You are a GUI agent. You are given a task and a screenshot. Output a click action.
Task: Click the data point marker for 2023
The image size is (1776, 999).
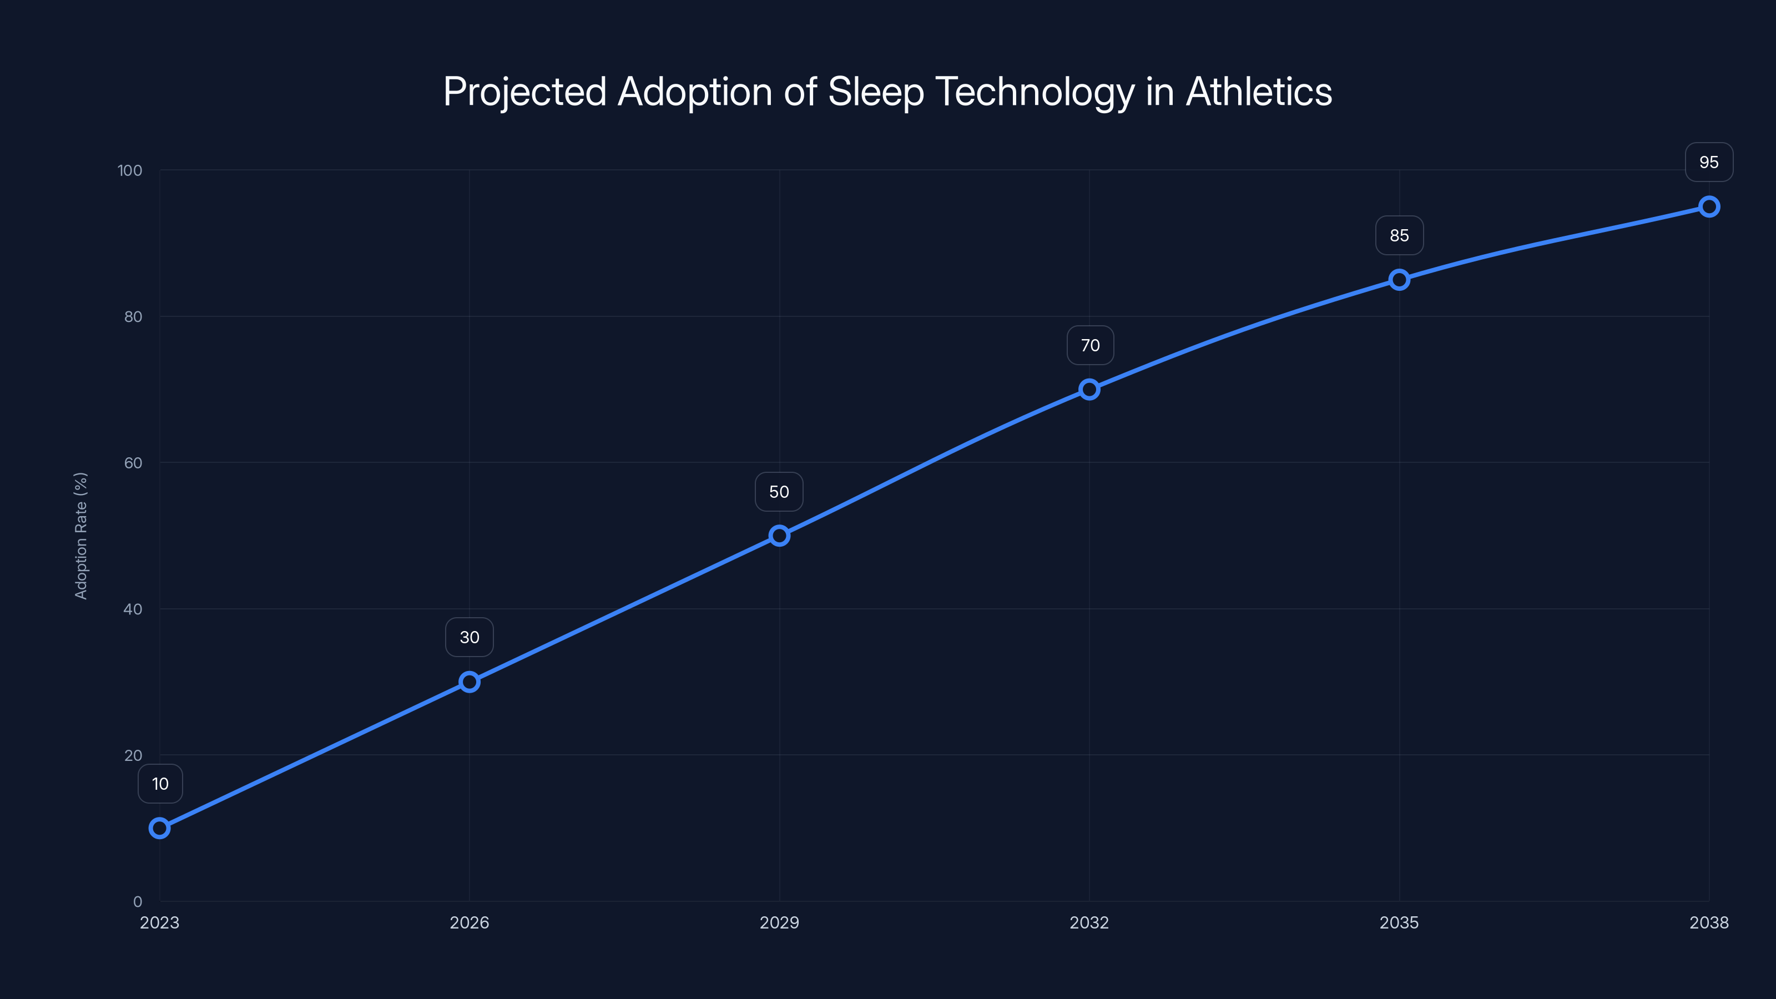tap(159, 828)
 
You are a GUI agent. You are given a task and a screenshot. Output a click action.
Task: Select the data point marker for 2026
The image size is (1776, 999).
tap(470, 682)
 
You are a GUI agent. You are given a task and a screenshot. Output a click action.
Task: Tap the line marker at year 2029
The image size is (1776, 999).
tap(779, 536)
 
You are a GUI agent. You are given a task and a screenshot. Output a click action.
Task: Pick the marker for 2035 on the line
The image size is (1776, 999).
tap(1399, 279)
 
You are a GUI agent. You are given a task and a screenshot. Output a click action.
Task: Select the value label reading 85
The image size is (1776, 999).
tap(1399, 236)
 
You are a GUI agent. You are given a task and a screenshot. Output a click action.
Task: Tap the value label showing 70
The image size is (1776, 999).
tap(1090, 345)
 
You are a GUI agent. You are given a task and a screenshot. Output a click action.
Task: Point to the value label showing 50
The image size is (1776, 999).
tap(779, 492)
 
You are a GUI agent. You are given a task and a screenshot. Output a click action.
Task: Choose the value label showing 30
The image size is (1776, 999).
tap(470, 637)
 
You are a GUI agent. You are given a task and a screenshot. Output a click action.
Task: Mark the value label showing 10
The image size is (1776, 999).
tap(160, 784)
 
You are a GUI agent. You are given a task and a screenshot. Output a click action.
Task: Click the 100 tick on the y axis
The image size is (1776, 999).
tap(130, 170)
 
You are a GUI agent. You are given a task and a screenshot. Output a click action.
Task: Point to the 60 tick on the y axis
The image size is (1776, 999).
tap(133, 463)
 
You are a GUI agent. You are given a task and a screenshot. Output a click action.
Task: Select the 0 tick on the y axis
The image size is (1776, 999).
tap(138, 901)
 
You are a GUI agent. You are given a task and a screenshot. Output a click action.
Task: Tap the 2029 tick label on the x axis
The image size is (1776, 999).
tap(779, 922)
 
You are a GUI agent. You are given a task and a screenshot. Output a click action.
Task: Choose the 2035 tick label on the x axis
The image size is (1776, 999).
tap(1399, 922)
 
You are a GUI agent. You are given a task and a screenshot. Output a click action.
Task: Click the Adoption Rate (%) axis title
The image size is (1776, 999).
tap(80, 536)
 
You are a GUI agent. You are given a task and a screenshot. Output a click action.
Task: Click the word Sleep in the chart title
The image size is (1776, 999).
tap(876, 92)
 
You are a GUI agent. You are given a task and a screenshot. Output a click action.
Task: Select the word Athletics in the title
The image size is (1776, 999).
tap(1259, 92)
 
